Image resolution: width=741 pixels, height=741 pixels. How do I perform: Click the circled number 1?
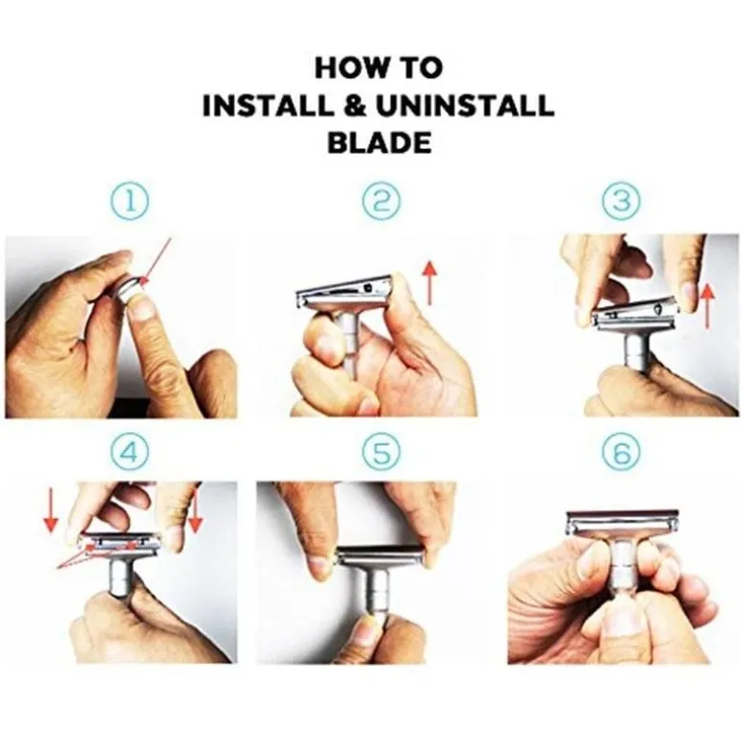[x=130, y=201]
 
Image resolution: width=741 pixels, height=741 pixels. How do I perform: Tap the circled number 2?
[x=381, y=201]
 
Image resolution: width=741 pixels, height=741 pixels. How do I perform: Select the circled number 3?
[x=622, y=201]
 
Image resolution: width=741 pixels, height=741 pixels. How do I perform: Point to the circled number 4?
[x=130, y=452]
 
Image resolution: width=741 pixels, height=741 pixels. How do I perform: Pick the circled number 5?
[x=381, y=452]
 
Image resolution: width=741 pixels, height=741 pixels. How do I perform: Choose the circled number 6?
[x=622, y=452]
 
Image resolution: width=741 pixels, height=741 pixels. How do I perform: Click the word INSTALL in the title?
[x=268, y=106]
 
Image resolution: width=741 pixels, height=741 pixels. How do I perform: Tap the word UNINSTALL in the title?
[x=465, y=106]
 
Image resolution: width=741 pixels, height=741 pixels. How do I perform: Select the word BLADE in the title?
[x=379, y=142]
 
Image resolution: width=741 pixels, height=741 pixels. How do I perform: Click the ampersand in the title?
[x=354, y=106]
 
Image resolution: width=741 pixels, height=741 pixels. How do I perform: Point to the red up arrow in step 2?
[x=429, y=283]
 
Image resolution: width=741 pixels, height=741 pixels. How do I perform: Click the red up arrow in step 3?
[x=707, y=306]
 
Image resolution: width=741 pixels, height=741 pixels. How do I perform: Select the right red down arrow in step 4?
[x=195, y=507]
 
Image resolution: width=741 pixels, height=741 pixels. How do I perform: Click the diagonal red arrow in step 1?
[x=156, y=263]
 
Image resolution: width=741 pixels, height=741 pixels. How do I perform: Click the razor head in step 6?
[x=623, y=524]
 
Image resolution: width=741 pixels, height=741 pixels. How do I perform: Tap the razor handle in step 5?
[x=375, y=592]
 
